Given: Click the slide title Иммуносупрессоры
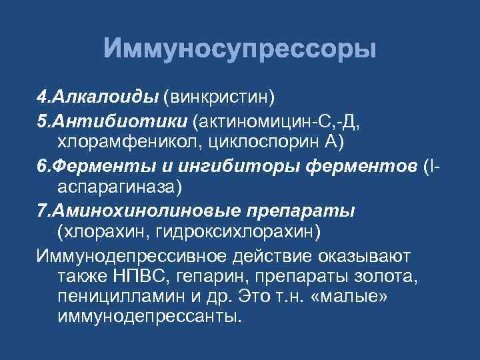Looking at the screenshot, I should [240, 50].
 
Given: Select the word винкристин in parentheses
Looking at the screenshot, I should [219, 97].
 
